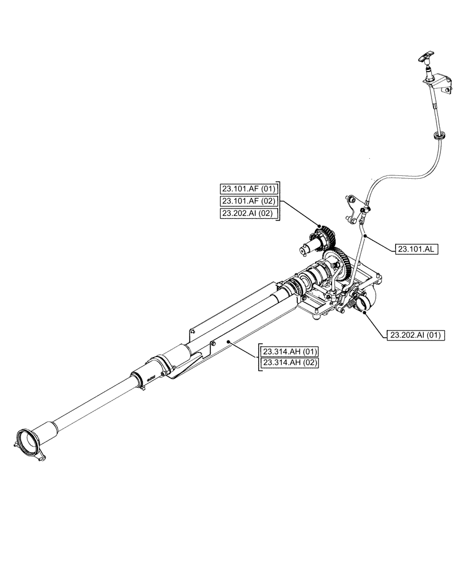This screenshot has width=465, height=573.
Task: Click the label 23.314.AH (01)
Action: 290,351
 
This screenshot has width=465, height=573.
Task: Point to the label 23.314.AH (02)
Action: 290,363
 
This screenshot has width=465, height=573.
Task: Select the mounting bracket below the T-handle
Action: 441,83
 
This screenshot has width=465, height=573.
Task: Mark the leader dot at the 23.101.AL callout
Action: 365,235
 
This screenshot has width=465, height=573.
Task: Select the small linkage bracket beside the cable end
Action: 354,209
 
